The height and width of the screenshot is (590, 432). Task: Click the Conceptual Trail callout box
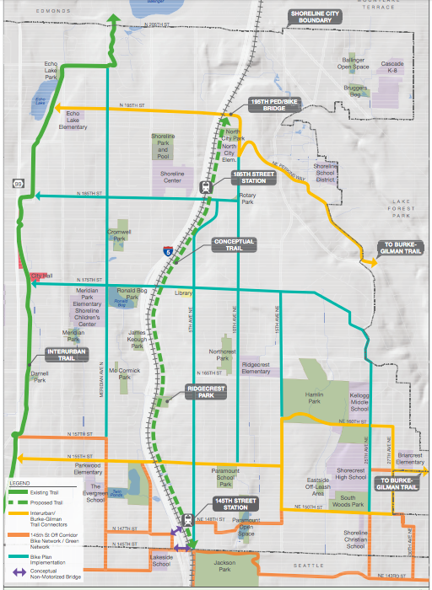pos(234,244)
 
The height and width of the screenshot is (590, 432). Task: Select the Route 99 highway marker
pos(17,183)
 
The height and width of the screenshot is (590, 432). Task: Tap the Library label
pos(184,293)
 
